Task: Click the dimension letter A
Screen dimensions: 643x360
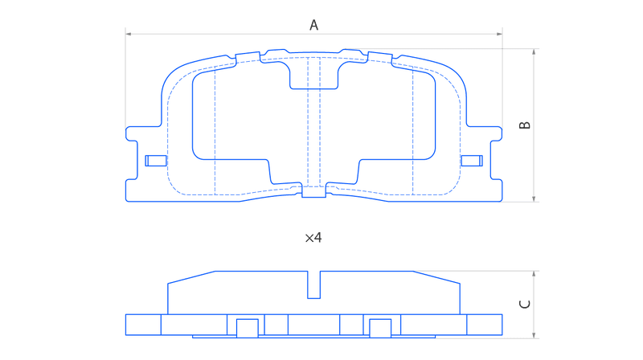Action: point(313,25)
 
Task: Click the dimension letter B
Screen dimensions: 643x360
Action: point(525,125)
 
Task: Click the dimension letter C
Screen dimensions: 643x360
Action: point(525,305)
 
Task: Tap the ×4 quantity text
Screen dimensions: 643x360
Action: point(313,237)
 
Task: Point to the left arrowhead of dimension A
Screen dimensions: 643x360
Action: point(128,34)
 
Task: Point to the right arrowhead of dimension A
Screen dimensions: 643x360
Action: point(499,34)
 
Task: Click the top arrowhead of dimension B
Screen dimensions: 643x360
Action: point(534,51)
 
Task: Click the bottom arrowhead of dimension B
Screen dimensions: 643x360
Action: point(534,198)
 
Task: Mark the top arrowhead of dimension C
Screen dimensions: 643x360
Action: point(534,274)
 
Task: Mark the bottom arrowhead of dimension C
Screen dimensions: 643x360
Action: point(534,336)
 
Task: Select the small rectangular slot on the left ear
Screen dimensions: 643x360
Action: point(156,161)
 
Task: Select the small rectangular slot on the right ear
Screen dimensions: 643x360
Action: point(472,161)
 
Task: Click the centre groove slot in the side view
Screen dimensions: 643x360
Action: point(313,284)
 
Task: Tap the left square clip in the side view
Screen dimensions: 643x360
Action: point(248,328)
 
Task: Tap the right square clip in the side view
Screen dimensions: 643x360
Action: point(380,328)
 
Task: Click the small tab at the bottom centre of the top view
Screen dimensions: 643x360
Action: point(313,191)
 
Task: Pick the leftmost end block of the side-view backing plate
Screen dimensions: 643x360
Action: point(143,325)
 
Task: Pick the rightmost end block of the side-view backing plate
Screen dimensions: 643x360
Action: point(485,325)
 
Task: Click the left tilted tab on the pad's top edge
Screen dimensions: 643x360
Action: point(248,58)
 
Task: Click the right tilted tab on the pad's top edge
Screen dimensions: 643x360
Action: point(379,58)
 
